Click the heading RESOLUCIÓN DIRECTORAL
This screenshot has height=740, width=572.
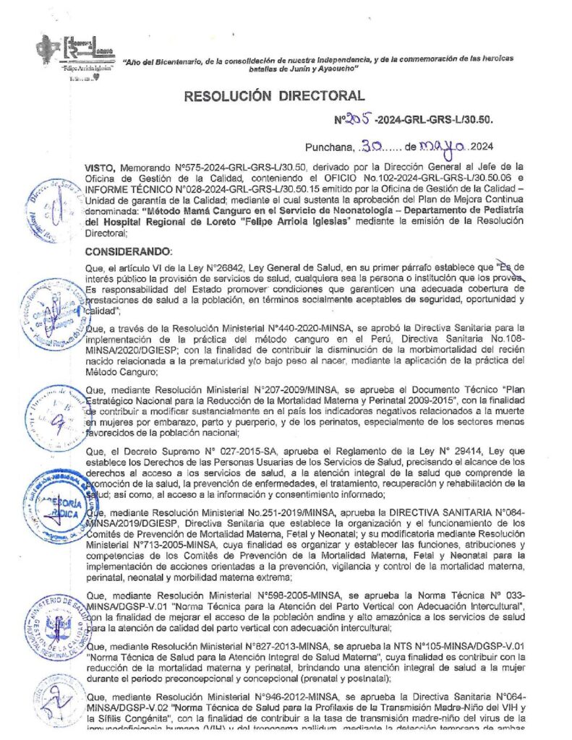pos(274,95)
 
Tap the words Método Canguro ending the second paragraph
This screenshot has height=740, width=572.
pos(120,372)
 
